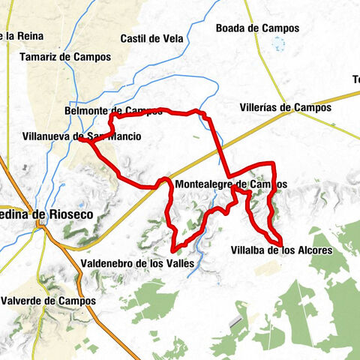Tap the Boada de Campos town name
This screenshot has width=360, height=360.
pos(257,28)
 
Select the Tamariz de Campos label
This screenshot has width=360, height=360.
pos(65,57)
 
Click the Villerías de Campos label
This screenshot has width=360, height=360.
pos(285,107)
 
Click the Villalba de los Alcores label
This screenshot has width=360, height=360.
pos(280,250)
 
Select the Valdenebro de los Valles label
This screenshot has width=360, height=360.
pos(136,263)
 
